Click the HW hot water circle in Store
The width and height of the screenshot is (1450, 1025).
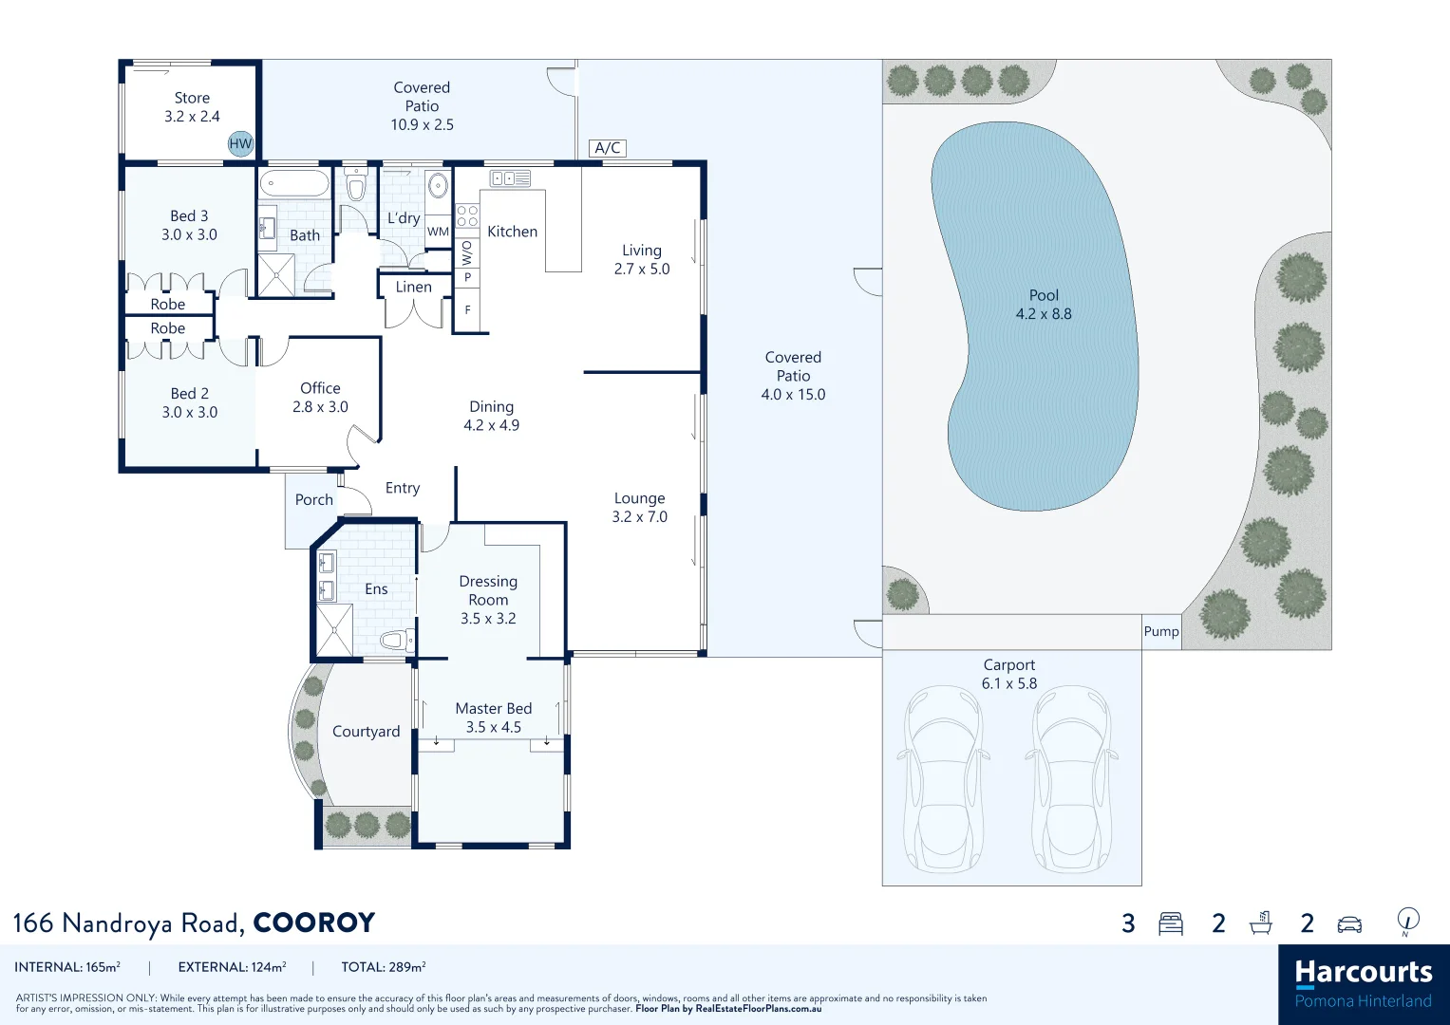[x=240, y=143]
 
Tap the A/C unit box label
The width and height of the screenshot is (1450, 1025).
[x=608, y=148]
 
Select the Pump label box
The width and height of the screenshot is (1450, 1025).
[x=1161, y=632]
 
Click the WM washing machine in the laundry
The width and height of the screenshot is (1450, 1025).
[x=438, y=232]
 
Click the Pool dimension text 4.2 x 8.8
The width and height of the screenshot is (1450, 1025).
[x=1044, y=314]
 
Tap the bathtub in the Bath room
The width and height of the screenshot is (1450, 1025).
[x=294, y=184]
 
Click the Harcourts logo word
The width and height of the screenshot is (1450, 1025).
[x=1363, y=973]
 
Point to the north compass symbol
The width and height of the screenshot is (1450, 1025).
[x=1408, y=920]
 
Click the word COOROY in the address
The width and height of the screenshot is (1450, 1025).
[x=314, y=923]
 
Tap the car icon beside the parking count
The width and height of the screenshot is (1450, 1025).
[x=1349, y=924]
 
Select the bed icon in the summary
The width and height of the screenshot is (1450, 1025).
[x=1171, y=924]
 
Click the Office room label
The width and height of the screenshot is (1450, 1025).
[x=320, y=388]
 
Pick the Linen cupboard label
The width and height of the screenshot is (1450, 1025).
[x=413, y=287]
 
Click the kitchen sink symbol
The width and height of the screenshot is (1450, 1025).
[x=509, y=178]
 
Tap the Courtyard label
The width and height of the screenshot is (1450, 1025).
[x=366, y=732]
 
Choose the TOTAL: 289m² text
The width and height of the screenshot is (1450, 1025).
[x=384, y=967]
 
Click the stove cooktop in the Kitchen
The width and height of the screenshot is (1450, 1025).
[x=466, y=216]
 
